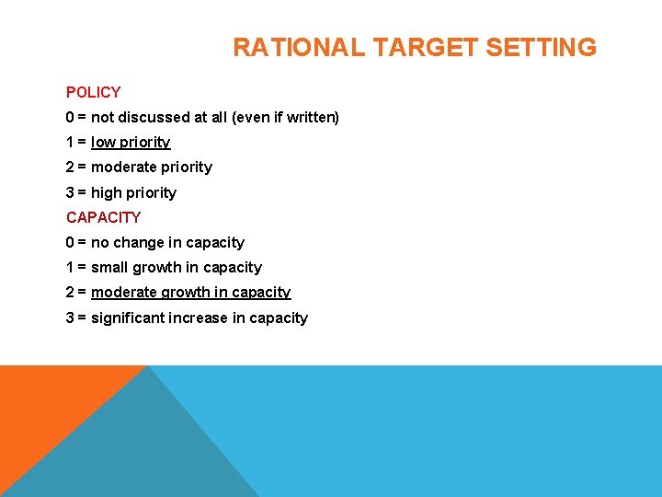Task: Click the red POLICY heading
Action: pyautogui.click(x=93, y=92)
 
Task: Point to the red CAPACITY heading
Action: pyautogui.click(x=103, y=217)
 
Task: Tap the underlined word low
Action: pyautogui.click(x=102, y=143)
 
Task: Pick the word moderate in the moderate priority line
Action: pyautogui.click(x=123, y=168)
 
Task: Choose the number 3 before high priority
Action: pyautogui.click(x=71, y=193)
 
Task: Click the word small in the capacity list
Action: pyautogui.click(x=109, y=268)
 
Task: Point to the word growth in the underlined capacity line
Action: pyautogui.click(x=184, y=293)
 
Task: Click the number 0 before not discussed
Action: pyautogui.click(x=71, y=118)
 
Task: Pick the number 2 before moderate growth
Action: pyautogui.click(x=71, y=293)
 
